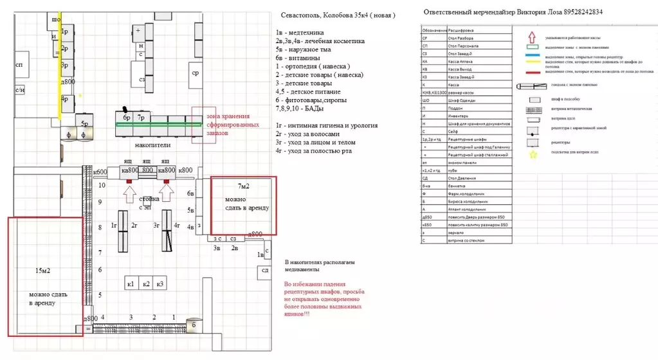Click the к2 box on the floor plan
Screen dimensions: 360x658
(147, 283)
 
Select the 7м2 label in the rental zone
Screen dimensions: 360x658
(244, 186)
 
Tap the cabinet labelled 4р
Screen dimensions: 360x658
(65, 99)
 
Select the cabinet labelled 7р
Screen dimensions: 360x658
(142, 118)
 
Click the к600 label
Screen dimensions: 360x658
(100, 171)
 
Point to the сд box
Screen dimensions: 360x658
(264, 270)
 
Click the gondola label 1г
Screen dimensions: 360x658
(114, 225)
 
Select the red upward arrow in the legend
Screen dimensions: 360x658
(531, 36)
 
